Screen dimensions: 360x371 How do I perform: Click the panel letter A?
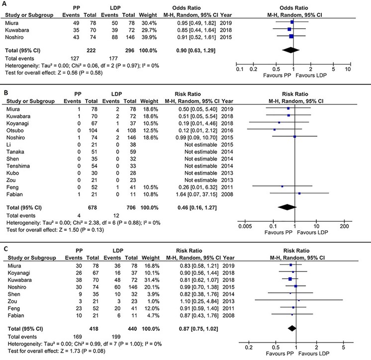(4, 4)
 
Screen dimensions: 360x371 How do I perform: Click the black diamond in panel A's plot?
(293, 50)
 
